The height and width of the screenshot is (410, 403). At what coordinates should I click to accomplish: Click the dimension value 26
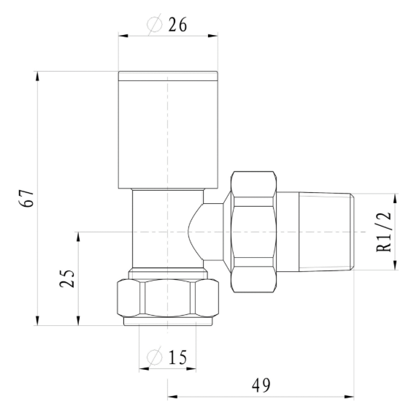tap(177, 25)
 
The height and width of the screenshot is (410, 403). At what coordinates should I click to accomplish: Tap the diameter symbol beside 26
tap(155, 25)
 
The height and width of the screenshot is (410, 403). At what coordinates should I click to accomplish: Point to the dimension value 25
tap(68, 278)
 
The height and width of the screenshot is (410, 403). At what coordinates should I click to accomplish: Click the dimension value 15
tap(177, 357)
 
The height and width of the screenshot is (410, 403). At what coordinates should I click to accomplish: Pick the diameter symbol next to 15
tap(155, 357)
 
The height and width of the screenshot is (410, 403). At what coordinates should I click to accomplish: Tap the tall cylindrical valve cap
tap(168, 128)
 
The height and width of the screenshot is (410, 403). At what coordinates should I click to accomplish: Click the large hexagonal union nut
tap(253, 232)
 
